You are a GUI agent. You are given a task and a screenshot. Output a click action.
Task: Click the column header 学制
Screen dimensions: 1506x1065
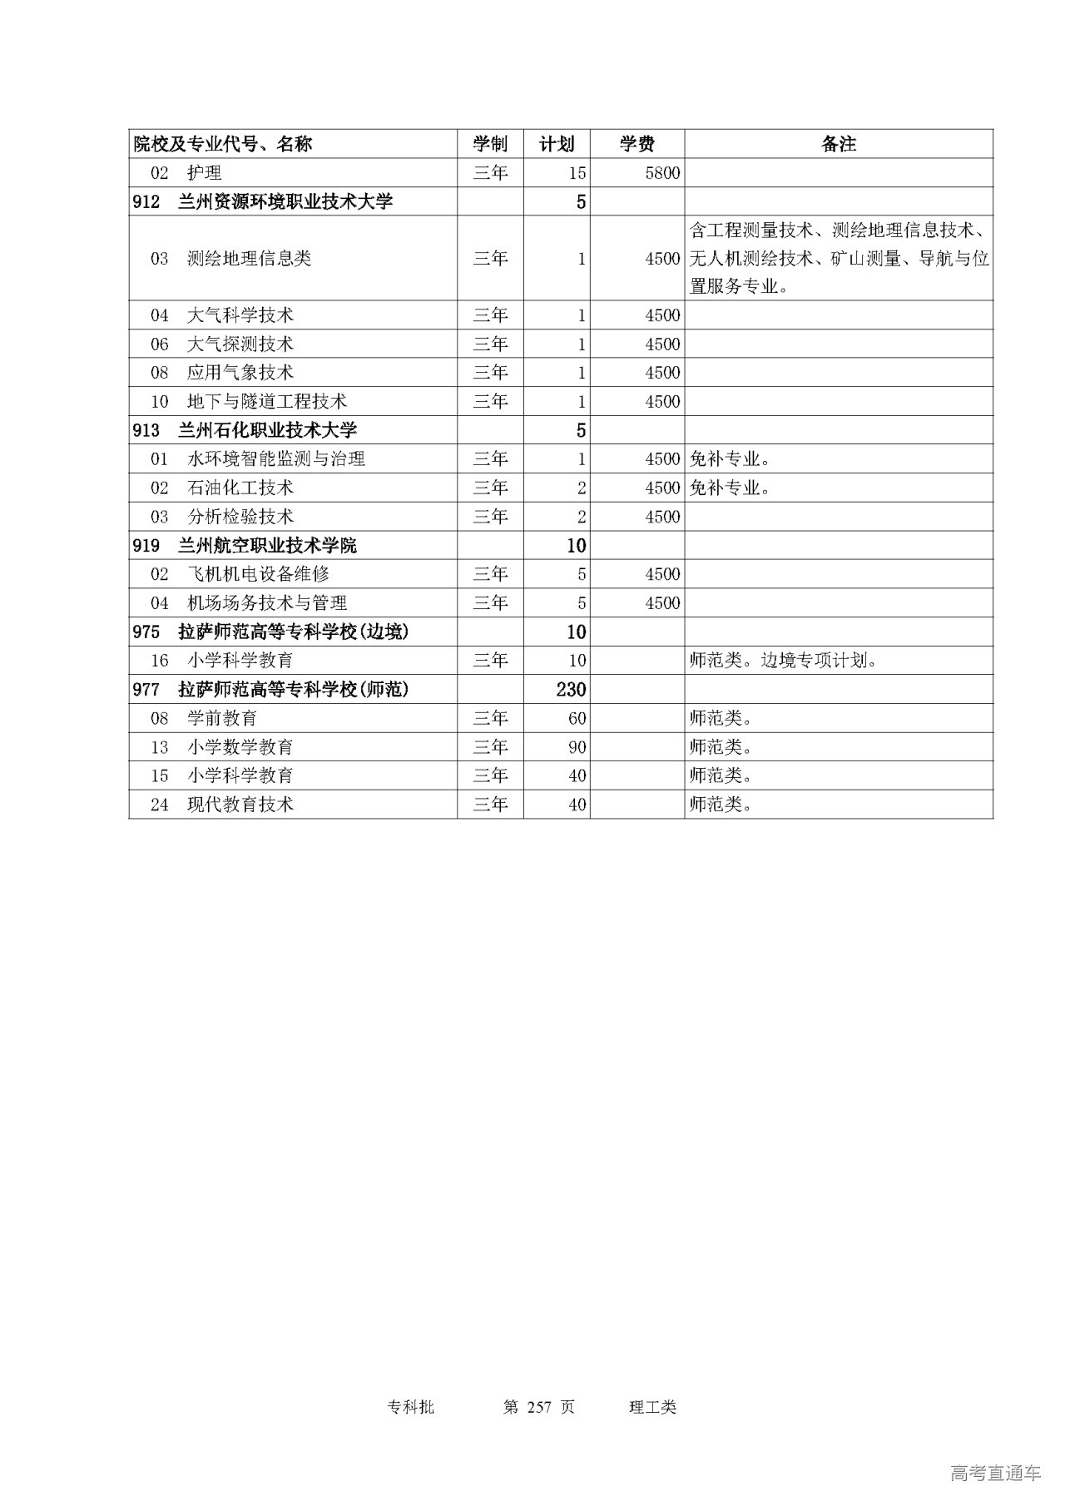point(490,144)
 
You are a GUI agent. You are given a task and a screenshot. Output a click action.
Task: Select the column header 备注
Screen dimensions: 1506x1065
point(838,144)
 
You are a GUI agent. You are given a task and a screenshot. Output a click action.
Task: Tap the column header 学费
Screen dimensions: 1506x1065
point(637,144)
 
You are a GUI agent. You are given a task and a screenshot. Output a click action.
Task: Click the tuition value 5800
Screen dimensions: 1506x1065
point(662,173)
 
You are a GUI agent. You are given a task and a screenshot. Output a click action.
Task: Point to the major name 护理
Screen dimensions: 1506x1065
point(205,173)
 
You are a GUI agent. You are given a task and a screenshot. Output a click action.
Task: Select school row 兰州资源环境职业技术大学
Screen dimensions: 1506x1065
point(285,201)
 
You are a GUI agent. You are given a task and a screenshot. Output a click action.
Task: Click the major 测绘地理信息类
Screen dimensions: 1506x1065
point(249,259)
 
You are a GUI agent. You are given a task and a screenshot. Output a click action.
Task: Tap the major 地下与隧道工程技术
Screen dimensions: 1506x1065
point(266,402)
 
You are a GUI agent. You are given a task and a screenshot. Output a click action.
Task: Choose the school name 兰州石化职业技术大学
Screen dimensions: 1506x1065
point(267,430)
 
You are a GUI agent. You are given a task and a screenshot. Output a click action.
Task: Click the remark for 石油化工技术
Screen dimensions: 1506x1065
point(730,488)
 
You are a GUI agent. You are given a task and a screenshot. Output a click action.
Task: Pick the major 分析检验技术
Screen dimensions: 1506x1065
point(240,517)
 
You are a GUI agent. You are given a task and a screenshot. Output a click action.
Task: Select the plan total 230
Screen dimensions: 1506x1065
point(572,689)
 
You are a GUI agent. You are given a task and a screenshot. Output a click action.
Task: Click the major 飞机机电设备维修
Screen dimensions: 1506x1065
point(258,574)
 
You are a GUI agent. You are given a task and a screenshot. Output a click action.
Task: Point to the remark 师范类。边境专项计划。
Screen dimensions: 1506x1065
point(784,661)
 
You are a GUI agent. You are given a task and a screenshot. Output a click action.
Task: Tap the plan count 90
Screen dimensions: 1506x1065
point(577,747)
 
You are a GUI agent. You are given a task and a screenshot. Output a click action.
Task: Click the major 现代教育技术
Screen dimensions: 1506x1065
point(240,805)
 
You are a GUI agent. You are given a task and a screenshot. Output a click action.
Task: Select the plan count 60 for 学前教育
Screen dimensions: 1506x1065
point(577,718)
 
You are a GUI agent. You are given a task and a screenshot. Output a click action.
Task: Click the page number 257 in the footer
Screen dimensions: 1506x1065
point(540,1407)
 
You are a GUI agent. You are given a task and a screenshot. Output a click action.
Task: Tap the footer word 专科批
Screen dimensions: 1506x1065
point(411,1407)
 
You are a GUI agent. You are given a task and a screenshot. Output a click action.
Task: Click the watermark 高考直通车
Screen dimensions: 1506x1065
point(995,1474)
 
